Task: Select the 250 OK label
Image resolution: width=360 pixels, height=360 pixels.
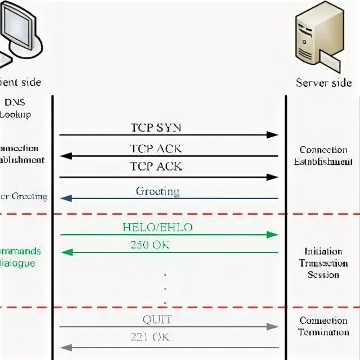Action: tap(150, 245)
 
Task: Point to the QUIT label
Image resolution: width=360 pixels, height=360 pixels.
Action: tap(157, 320)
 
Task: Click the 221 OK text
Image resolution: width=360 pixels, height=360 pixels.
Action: tap(150, 337)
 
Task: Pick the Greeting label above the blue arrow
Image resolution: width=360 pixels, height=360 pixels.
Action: tap(157, 191)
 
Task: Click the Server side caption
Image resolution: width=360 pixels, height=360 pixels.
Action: tap(324, 83)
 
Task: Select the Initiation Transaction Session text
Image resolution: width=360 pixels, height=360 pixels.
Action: tap(323, 263)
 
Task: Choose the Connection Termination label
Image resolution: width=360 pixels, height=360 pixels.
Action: tap(323, 326)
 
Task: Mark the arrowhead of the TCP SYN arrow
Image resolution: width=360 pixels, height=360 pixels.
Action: tap(273, 135)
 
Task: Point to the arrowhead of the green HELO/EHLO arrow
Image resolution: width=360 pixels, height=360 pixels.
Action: tap(273, 235)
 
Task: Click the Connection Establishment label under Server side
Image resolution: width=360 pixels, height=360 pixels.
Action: tap(323, 156)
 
